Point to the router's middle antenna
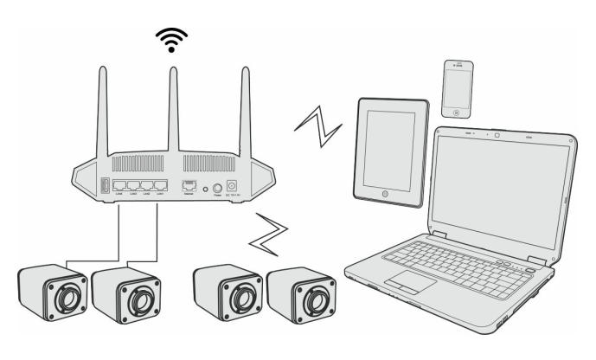point(172,104)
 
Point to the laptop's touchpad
point(404,283)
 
